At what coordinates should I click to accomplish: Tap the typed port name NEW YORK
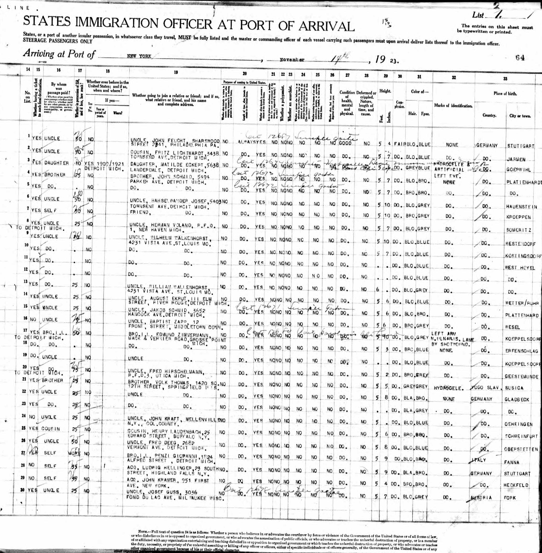click(x=139, y=57)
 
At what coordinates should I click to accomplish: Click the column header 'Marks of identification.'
click(x=453, y=106)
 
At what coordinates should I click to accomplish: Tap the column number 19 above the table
click(x=176, y=72)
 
